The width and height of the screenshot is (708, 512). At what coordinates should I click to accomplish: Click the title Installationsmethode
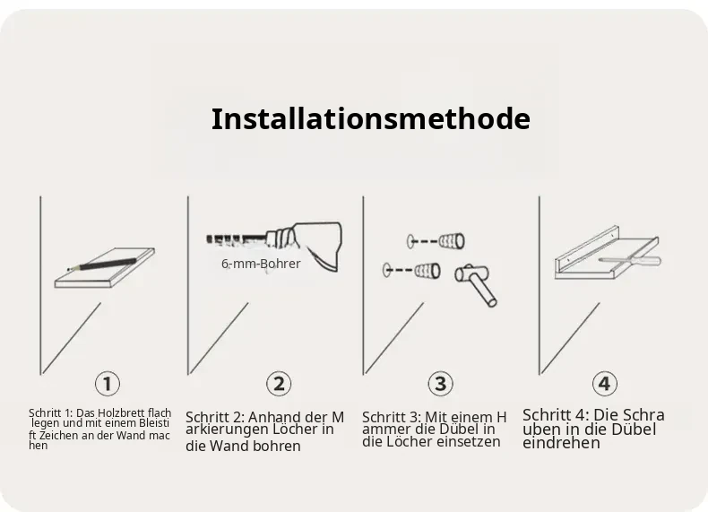pyautogui.click(x=371, y=119)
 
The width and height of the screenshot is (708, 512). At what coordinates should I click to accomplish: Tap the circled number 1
pyautogui.click(x=108, y=384)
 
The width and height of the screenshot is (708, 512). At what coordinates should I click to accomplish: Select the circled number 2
pyautogui.click(x=279, y=384)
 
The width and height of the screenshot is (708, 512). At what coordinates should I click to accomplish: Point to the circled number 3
pyautogui.click(x=440, y=384)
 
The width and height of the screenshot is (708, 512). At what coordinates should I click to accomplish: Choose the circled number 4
pyautogui.click(x=605, y=384)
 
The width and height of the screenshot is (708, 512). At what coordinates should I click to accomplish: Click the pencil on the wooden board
pyautogui.click(x=101, y=264)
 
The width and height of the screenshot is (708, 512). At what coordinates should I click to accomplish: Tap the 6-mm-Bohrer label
pyautogui.click(x=261, y=264)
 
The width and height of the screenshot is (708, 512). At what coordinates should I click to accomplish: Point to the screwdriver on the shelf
pyautogui.click(x=629, y=260)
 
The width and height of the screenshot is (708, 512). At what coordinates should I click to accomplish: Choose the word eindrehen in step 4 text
pyautogui.click(x=561, y=443)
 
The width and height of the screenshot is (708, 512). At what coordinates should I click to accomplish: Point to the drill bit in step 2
pyautogui.click(x=237, y=239)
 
